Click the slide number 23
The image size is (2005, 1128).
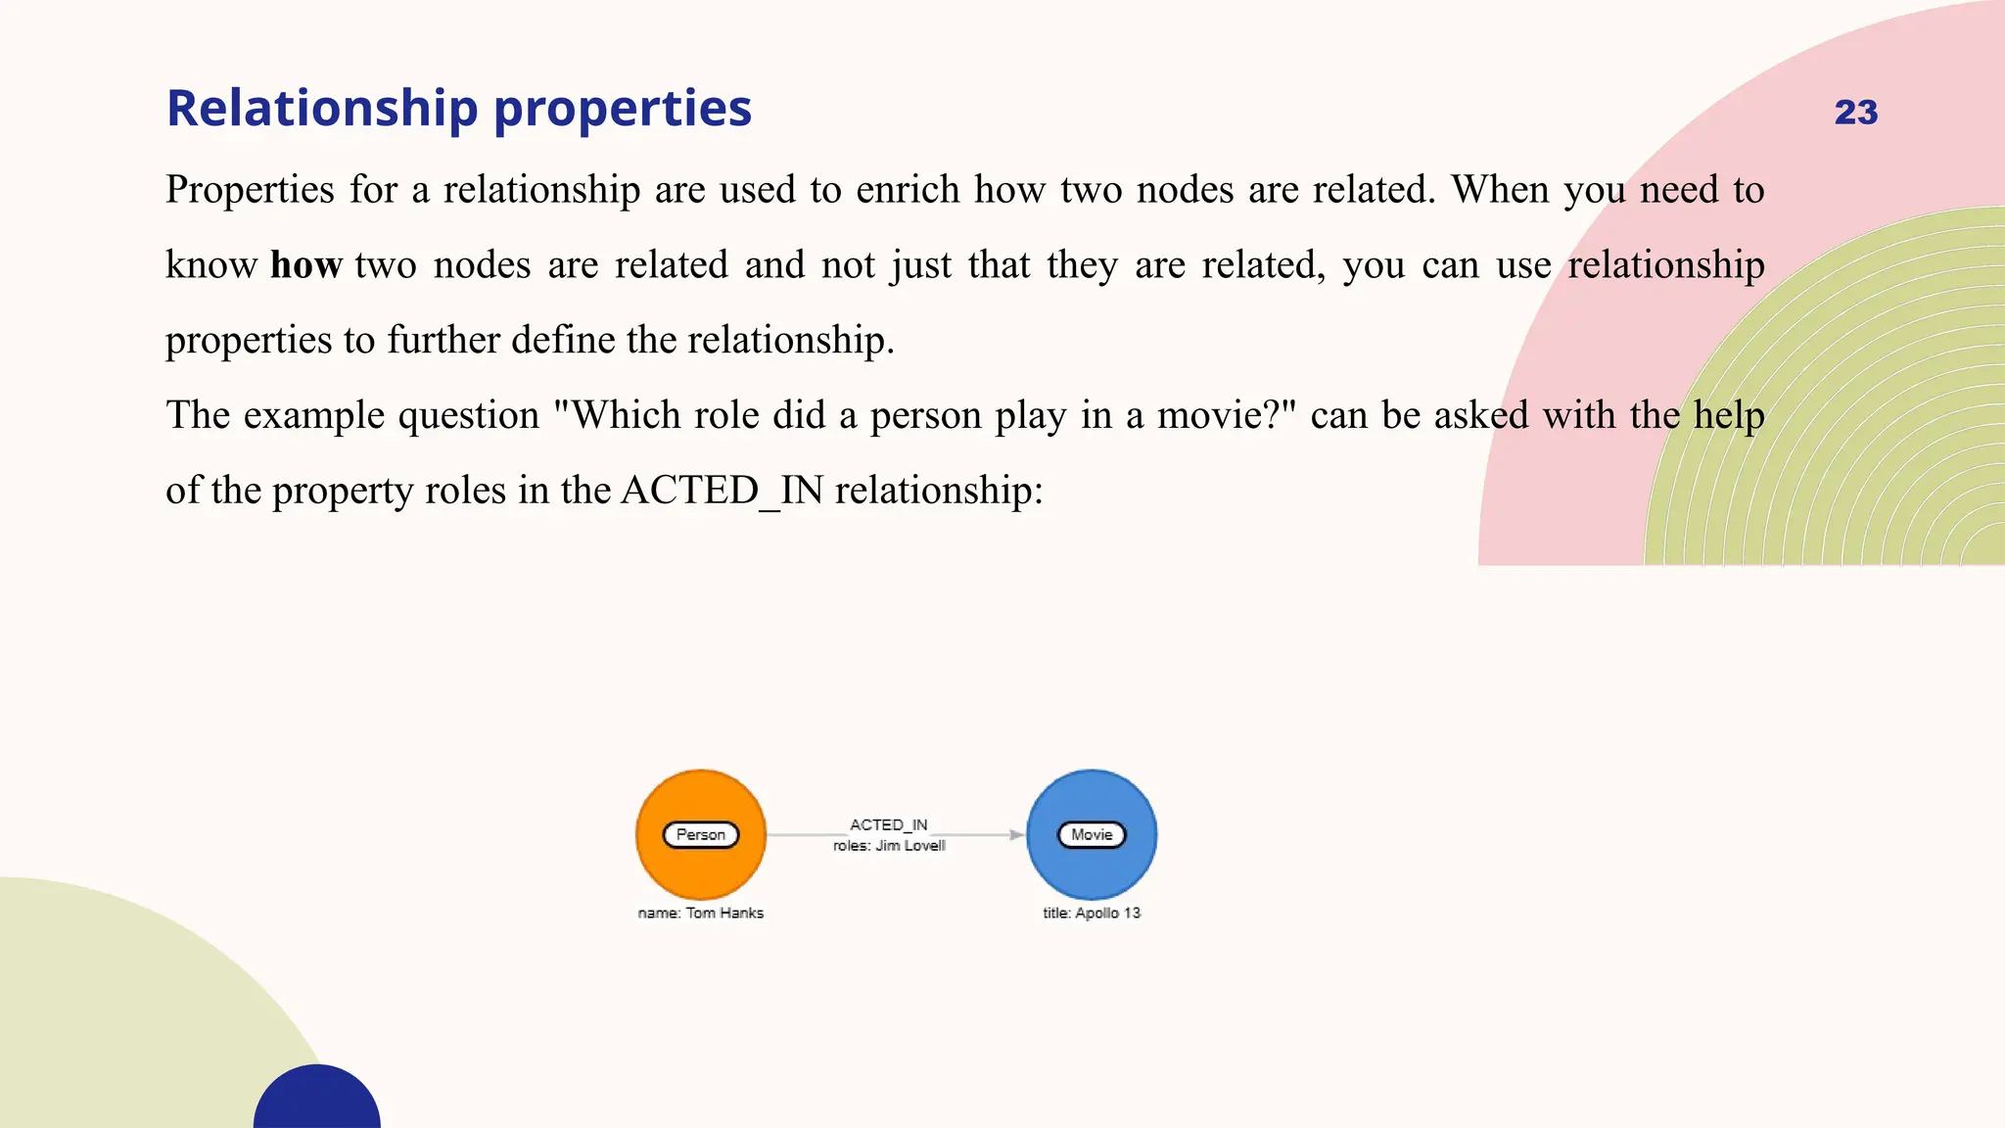coord(1855,113)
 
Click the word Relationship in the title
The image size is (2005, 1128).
coord(322,108)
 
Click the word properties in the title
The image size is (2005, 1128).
coord(622,110)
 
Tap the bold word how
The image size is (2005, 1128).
coord(305,265)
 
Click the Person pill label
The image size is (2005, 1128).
coord(701,835)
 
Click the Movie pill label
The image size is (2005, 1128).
coord(1092,835)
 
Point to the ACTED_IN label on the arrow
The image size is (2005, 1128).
coord(888,824)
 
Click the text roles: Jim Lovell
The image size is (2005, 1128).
coord(889,846)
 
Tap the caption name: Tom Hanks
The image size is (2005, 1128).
coord(700,913)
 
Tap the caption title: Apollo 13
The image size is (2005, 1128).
coord(1092,913)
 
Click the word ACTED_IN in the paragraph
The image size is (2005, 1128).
coord(723,491)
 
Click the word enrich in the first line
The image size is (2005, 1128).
coord(908,190)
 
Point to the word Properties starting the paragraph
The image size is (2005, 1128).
coord(250,190)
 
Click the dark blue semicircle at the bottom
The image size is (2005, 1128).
coord(317,1102)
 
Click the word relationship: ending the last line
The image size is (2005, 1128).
coord(939,491)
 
